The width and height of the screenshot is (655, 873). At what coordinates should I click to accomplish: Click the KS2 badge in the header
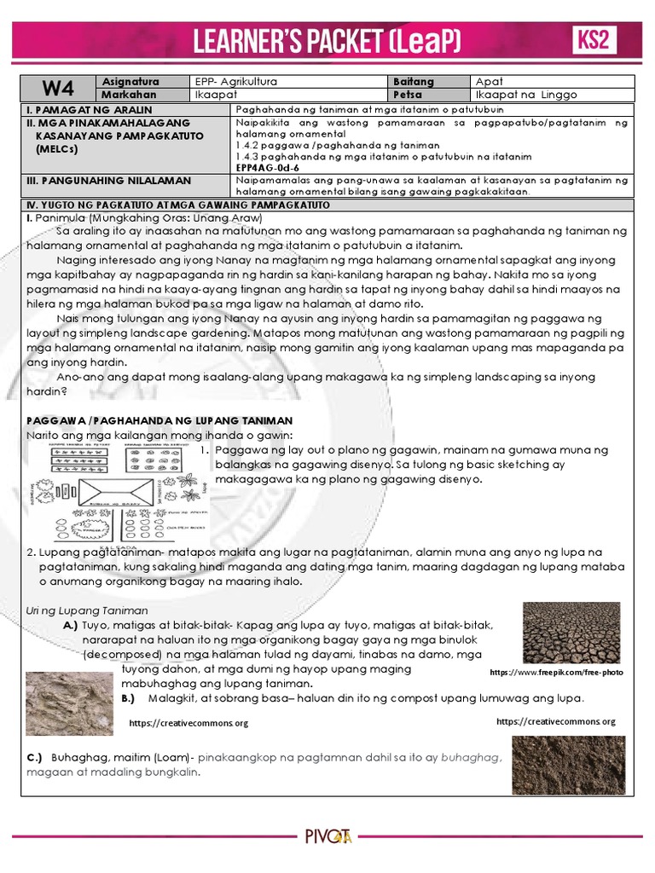click(595, 40)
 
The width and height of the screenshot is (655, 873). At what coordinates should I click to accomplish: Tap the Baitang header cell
click(414, 82)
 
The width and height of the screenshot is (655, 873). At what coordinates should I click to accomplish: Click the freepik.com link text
click(556, 673)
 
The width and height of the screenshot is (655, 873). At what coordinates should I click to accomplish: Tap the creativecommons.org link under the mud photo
click(188, 723)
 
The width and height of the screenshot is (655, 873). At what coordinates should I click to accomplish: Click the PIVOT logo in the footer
click(327, 838)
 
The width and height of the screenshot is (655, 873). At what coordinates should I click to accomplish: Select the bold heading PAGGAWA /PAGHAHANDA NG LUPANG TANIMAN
click(159, 421)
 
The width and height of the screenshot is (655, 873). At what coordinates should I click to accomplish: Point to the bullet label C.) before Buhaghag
click(35, 757)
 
